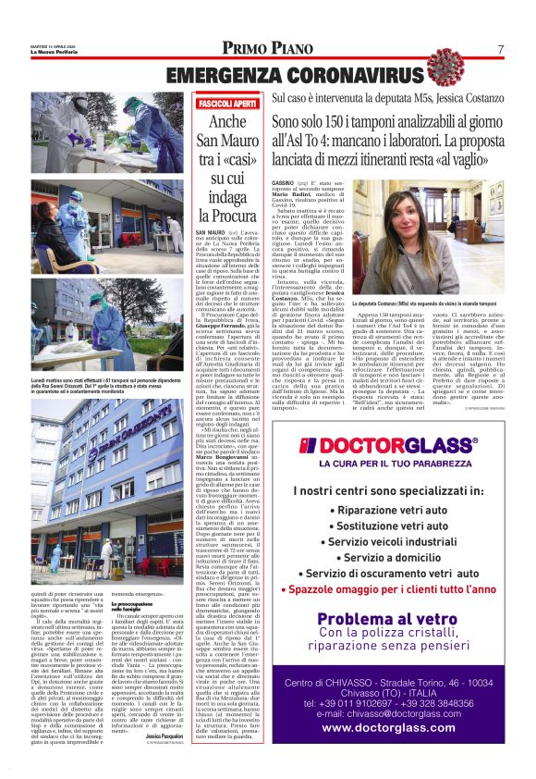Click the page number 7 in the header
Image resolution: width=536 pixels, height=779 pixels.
pyautogui.click(x=499, y=49)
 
